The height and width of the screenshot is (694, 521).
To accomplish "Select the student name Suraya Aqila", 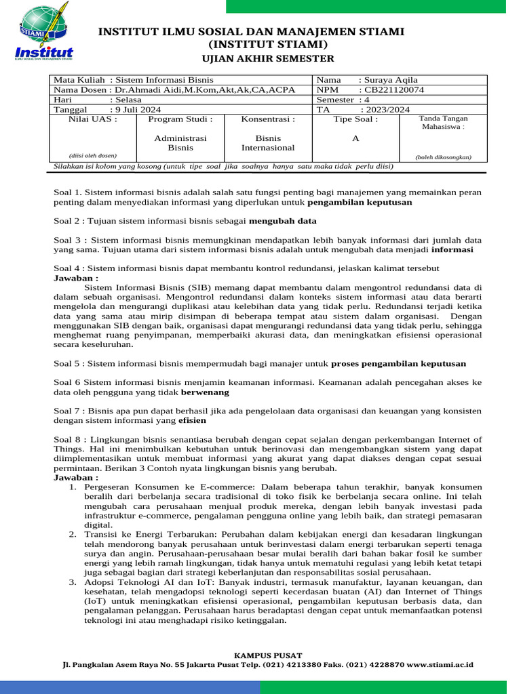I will coord(392,80).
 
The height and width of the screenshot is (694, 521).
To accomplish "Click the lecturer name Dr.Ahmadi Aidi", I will coord(147,89).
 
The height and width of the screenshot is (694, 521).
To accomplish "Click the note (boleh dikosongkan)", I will coord(443,157).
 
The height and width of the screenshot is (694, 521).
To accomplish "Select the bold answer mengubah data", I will coord(283,221).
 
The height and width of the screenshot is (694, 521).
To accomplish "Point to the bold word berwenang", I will coord(205,392).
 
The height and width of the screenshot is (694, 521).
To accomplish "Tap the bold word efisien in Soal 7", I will coord(192,420).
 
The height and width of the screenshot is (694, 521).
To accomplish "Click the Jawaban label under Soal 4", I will coord(76,278).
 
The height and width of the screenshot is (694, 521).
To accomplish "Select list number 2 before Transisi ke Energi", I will coord(73,534).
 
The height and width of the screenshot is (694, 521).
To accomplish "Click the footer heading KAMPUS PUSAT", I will coord(268,655).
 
